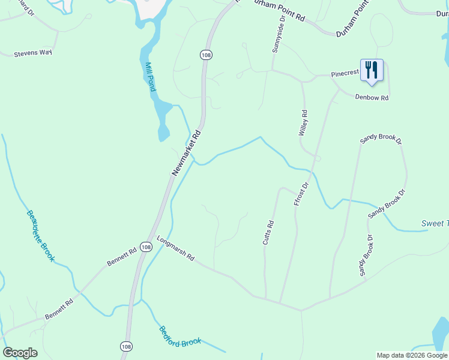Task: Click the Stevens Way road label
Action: tap(34, 53)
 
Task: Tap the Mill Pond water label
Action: tap(151, 76)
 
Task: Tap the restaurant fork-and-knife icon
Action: tap(372, 70)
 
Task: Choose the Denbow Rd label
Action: tap(372, 97)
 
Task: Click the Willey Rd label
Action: tap(304, 122)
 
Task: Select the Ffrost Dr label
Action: tap(301, 194)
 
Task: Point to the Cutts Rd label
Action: tap(268, 233)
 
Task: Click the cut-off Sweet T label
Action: tap(434, 224)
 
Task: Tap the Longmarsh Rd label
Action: tap(176, 248)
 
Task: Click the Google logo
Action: tap(20, 352)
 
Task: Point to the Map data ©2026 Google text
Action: tap(411, 355)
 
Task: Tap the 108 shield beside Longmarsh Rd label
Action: tap(146, 247)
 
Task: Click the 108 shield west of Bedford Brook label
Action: tap(125, 346)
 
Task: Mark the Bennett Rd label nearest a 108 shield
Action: tap(122, 258)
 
